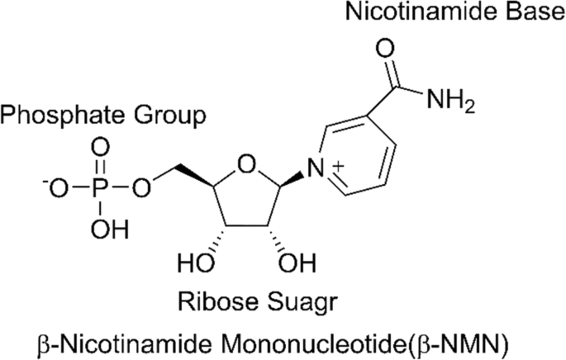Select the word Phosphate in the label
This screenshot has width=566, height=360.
click(x=62, y=116)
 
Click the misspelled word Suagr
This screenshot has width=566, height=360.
click(x=300, y=304)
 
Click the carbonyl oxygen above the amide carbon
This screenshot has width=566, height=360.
click(x=386, y=49)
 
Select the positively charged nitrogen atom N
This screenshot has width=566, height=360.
click(x=316, y=168)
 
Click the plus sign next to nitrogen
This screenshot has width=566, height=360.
click(x=338, y=167)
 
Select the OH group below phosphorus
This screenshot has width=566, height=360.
click(x=109, y=229)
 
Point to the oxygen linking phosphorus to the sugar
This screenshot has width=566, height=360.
click(x=140, y=189)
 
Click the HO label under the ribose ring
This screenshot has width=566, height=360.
click(x=196, y=263)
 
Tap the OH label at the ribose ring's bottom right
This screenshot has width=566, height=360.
click(x=297, y=263)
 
